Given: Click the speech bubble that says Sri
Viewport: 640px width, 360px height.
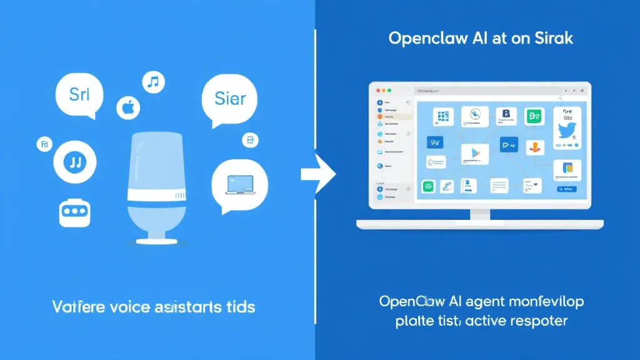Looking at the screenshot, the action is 79,95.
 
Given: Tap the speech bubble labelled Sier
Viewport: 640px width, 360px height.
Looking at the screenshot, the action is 230,99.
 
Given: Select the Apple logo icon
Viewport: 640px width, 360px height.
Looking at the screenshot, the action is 128,107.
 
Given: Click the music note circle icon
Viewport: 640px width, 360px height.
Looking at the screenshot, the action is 152,81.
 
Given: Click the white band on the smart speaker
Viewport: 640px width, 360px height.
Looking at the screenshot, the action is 157,194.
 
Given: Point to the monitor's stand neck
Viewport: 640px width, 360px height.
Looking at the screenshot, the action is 480,214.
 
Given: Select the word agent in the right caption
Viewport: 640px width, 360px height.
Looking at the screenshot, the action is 485,301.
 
